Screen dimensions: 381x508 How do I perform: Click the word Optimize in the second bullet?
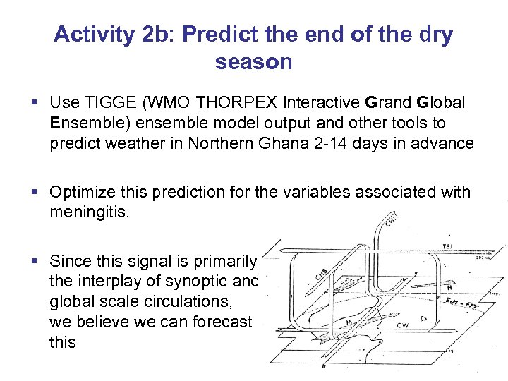pyautogui.click(x=81, y=193)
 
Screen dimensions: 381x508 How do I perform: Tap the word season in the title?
pyautogui.click(x=253, y=62)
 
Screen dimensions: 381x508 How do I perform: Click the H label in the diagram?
pyautogui.click(x=449, y=286)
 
